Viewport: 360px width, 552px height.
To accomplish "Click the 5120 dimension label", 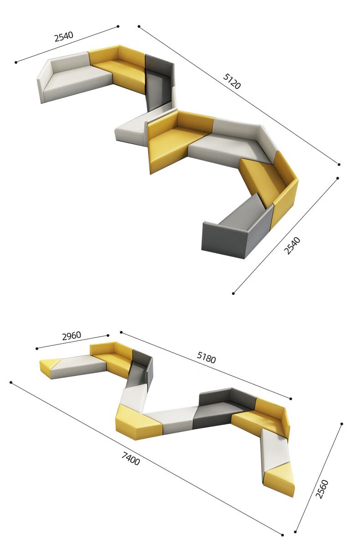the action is pos(231,81).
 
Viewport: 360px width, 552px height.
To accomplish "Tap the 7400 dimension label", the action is pos(131,459).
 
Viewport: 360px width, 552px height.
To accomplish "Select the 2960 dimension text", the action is pos(72,336).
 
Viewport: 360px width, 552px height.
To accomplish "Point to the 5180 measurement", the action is pos(206,357).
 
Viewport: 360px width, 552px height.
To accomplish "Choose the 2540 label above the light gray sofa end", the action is pos(64,36).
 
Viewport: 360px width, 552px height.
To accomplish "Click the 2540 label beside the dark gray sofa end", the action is pos(292,245).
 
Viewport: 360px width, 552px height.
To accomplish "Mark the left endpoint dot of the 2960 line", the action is pos(37,348).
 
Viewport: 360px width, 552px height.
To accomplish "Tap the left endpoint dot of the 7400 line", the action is pos(11,382).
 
